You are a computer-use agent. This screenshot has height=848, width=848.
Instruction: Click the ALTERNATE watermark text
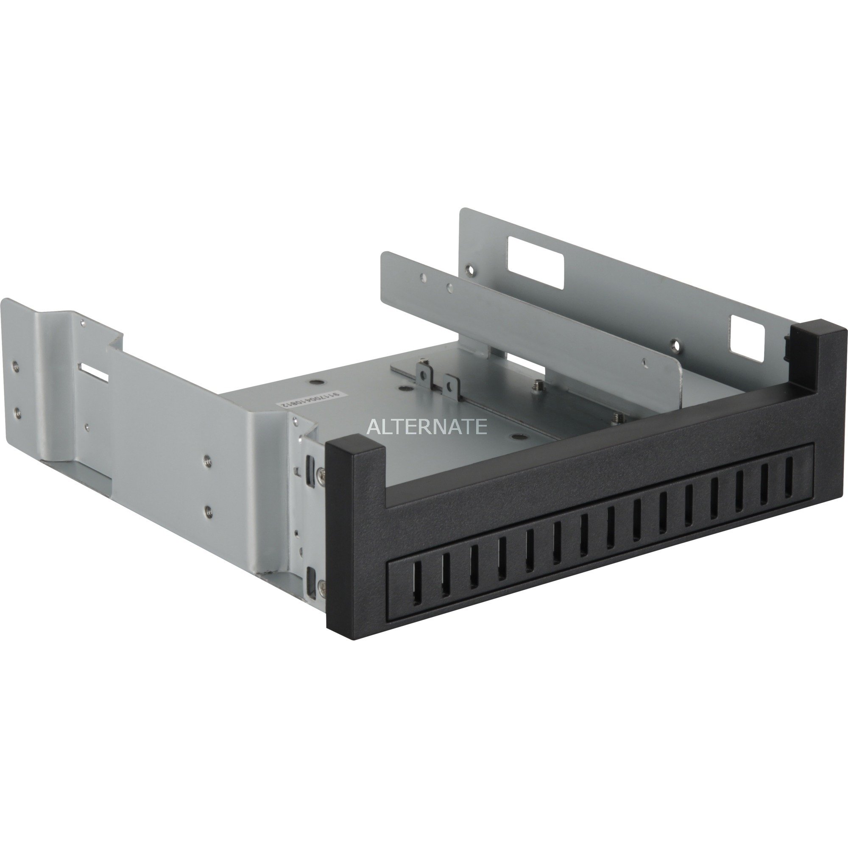click(x=427, y=426)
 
